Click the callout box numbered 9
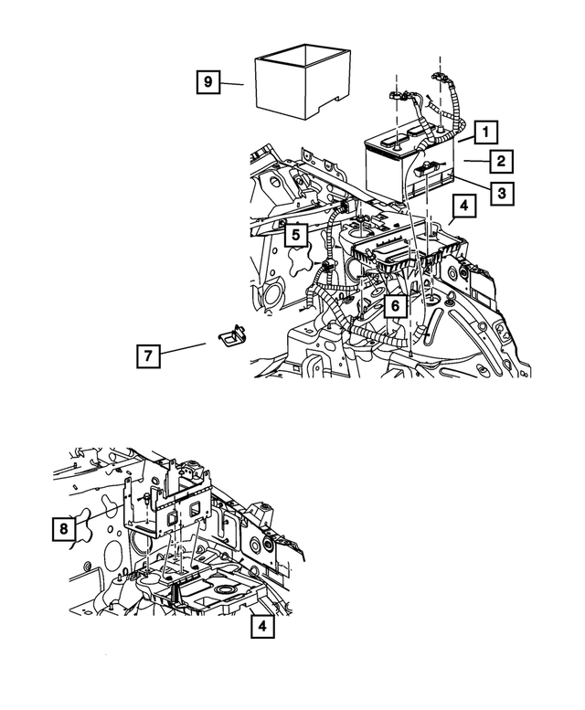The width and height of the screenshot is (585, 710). point(207,83)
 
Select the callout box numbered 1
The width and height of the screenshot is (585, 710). point(484,131)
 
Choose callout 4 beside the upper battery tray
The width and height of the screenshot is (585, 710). point(463,207)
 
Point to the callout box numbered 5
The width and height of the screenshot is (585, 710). point(294,234)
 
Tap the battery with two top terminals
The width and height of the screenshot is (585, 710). point(402,164)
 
